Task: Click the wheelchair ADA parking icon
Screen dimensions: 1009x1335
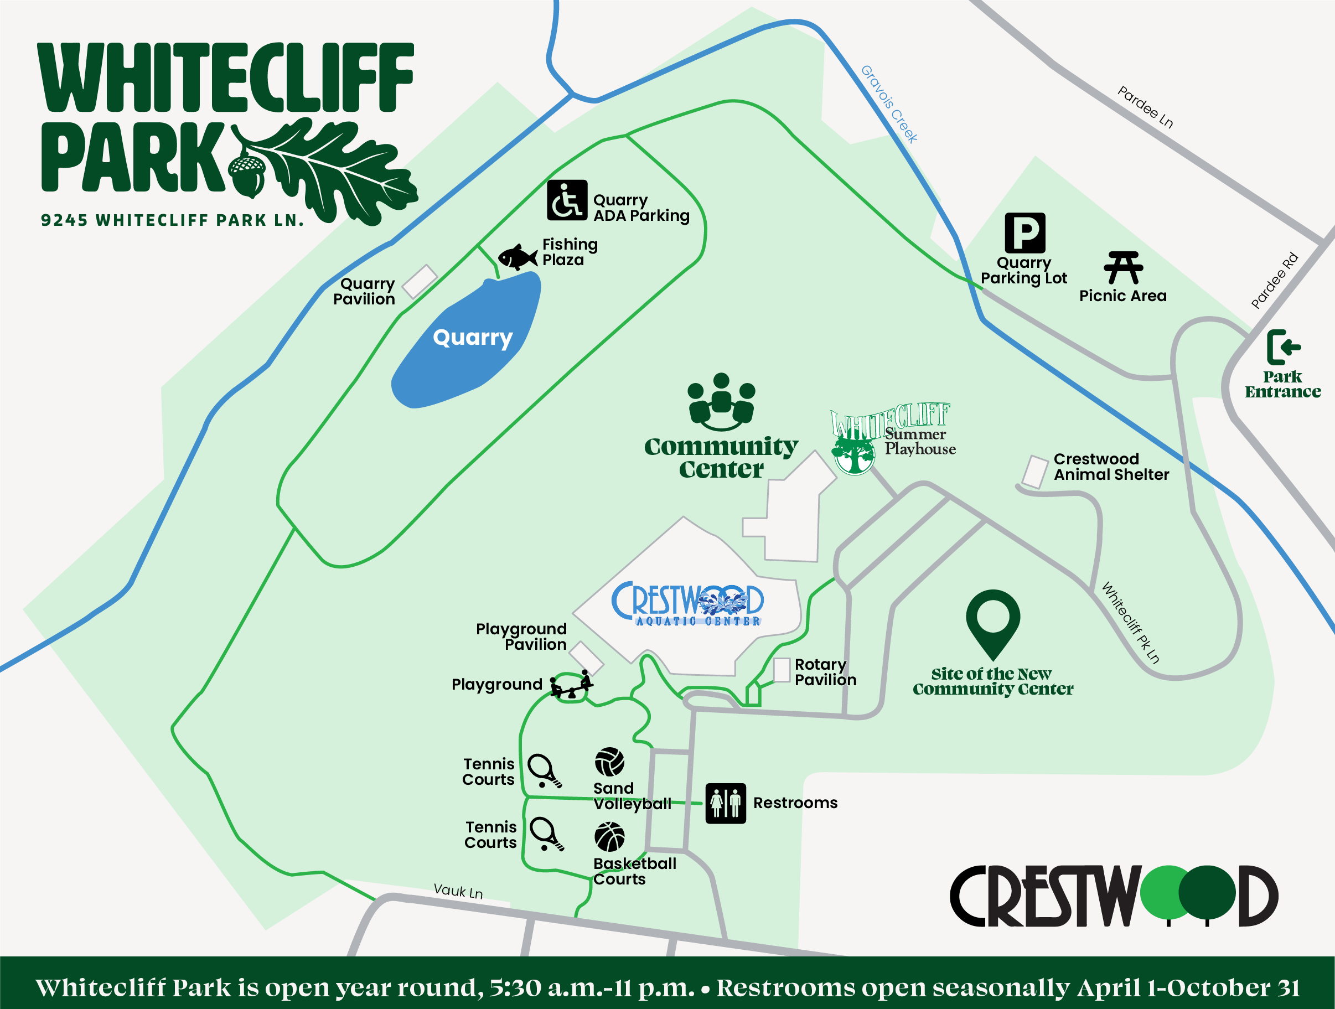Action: pos(567,200)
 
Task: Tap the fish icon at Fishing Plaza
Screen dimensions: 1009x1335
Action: pos(517,257)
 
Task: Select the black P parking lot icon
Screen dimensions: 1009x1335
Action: pos(1025,233)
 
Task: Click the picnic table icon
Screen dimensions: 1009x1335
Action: pos(1122,268)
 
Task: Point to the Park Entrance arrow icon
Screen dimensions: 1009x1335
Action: pos(1283,347)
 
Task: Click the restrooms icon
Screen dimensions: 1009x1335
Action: pos(726,803)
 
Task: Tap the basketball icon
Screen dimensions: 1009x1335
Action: pos(609,837)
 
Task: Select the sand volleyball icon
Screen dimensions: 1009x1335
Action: pos(609,762)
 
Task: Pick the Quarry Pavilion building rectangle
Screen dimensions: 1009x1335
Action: pos(420,281)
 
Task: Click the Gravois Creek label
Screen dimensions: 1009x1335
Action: pos(889,104)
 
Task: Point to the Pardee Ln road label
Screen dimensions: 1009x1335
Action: pos(1145,107)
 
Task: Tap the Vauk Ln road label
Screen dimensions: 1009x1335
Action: pos(458,891)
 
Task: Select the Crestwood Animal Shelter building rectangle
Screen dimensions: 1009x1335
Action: pos(1035,472)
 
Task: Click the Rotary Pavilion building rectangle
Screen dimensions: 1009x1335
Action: pos(782,670)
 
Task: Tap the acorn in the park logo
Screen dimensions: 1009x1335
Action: pos(247,175)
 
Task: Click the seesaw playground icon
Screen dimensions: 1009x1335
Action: pos(572,686)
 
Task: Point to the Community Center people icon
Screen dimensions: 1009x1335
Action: pos(721,401)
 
